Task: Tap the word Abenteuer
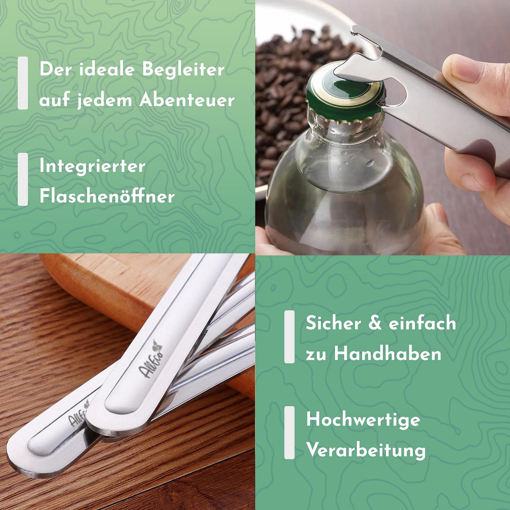coord(187,100)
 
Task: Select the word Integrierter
coord(92,166)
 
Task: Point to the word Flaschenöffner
coord(107,196)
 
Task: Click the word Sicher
coord(333,323)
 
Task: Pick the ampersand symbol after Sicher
coord(375,323)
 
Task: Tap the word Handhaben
coord(388,353)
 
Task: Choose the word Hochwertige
coord(363,420)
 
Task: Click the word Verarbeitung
coord(366,450)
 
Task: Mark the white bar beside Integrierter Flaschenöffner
coord(23,179)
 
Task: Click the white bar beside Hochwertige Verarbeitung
coord(289,433)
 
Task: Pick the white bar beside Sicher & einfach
coord(289,337)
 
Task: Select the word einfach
coord(422,323)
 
